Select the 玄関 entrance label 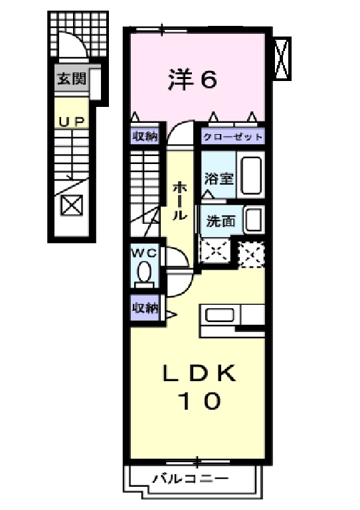tap(71, 80)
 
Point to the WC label tap(143, 253)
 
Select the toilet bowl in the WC tap(143, 273)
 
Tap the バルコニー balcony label tap(190, 477)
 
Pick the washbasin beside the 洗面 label tap(252, 220)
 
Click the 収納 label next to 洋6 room tap(144, 137)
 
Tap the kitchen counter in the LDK tap(232, 315)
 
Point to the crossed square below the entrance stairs tap(70, 206)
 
